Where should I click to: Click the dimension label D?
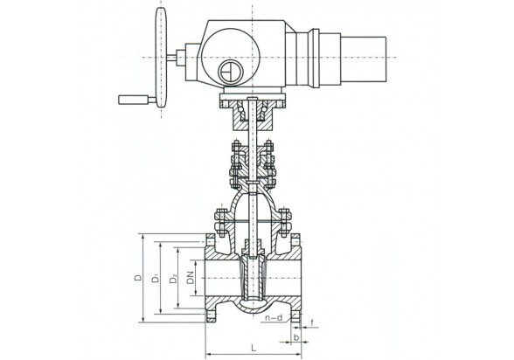pos(139,277)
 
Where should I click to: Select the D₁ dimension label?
pos(156,278)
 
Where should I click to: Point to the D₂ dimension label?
pos(173,279)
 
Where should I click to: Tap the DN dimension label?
pos(191,278)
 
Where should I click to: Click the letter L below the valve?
pos(254,348)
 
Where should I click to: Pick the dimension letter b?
pos(296,337)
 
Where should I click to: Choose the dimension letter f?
pos(312,323)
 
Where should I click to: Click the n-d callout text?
pos(274,317)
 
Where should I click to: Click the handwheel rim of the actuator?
pos(161,58)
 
